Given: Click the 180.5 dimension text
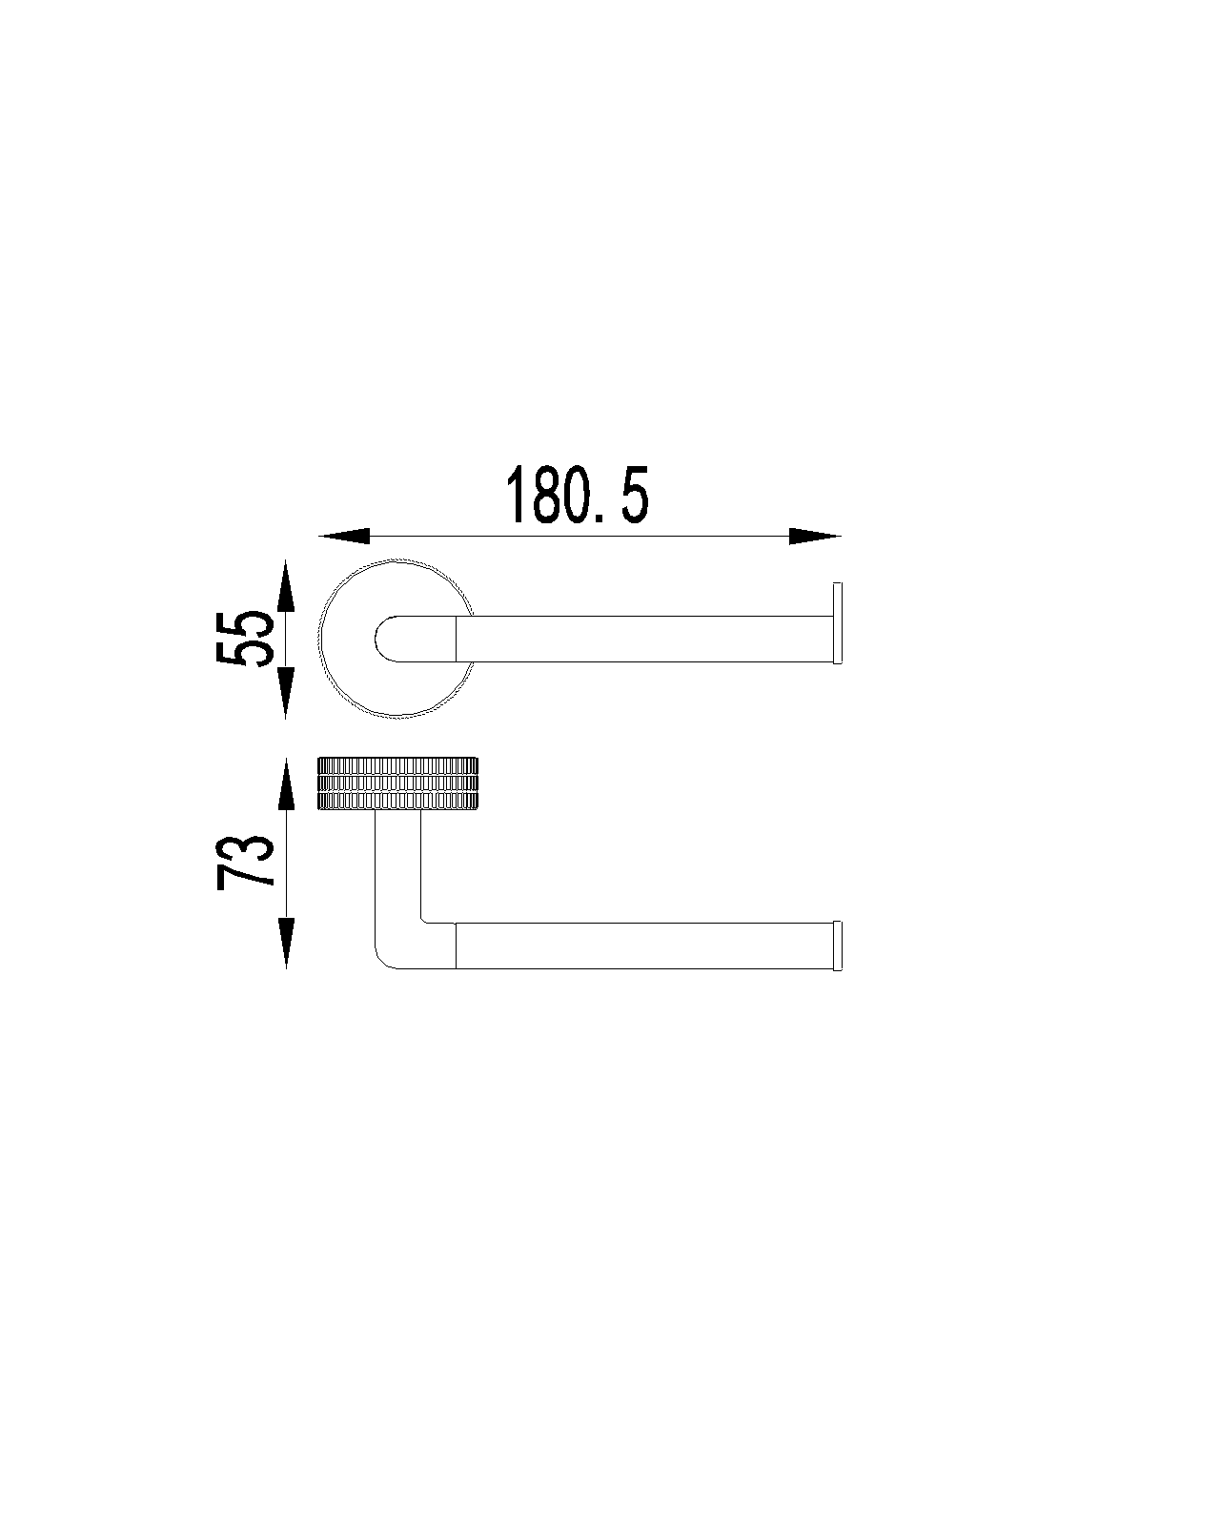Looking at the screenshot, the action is click(x=577, y=496).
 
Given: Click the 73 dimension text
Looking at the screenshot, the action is click(x=245, y=862).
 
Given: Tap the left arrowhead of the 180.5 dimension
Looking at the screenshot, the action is click(x=344, y=537).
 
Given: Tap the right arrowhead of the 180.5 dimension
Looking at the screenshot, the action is click(x=815, y=537).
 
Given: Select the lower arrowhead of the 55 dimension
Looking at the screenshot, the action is click(x=285, y=693).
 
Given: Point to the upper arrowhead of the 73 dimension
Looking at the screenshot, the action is click(x=285, y=783).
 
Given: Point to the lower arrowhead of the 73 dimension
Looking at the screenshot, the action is click(x=285, y=944).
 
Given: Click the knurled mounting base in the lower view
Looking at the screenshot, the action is click(x=397, y=783).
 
